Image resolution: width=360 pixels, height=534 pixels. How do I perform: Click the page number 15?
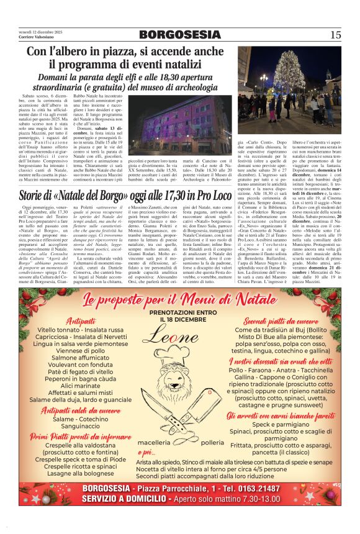click(x=335, y=35)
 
